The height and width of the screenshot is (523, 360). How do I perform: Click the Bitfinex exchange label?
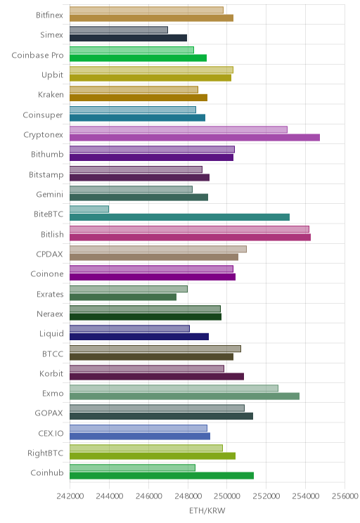[x=49, y=15]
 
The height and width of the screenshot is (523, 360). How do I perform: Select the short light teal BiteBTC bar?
[x=89, y=209]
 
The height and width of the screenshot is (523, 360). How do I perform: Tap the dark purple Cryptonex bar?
[x=195, y=137]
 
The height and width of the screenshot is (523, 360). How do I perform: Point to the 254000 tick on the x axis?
[x=305, y=496]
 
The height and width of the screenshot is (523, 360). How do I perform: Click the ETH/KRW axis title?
[x=207, y=510]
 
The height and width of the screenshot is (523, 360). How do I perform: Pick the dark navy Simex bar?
[x=128, y=38]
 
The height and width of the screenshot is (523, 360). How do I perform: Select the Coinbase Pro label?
[x=37, y=55]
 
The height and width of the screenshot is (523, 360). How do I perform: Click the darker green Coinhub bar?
[x=162, y=476]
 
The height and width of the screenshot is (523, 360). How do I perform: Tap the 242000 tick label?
[x=70, y=496]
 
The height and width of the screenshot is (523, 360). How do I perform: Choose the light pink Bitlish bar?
[x=189, y=229]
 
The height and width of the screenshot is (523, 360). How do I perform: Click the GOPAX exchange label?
[x=49, y=413]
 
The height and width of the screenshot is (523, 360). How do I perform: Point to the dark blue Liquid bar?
[x=139, y=337]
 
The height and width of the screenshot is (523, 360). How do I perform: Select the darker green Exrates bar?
[x=123, y=297]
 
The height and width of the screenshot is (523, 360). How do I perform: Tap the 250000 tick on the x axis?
[x=227, y=496]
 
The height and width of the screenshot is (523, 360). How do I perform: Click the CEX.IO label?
[x=51, y=433]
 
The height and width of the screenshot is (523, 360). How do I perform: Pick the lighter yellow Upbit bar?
[x=151, y=70]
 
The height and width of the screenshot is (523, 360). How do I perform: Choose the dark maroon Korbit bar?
[x=157, y=376]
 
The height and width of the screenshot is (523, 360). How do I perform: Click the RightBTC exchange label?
[x=46, y=453]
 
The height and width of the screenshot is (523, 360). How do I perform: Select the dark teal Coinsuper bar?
[x=137, y=117]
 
